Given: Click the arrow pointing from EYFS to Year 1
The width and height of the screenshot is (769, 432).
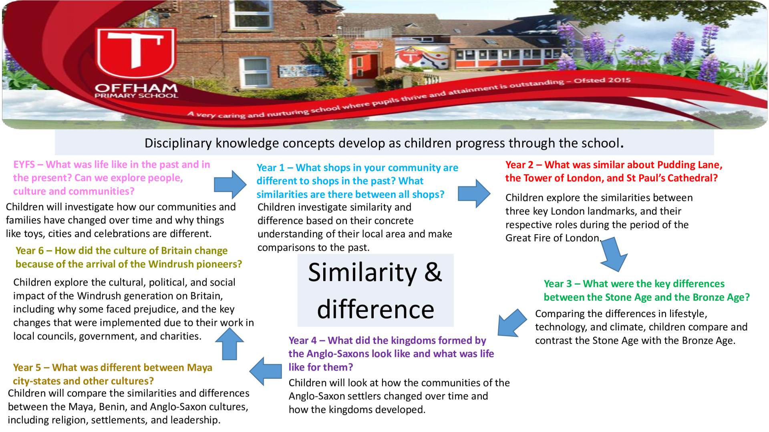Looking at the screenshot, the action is coord(230,185).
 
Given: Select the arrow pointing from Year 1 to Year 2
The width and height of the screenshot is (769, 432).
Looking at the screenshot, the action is coord(474,193).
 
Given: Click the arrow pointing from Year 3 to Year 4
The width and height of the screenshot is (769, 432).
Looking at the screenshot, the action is coord(512,323).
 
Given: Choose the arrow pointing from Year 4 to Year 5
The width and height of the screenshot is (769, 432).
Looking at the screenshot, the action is coord(266,371).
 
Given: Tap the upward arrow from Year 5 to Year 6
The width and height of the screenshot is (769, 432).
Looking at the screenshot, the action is coord(229,344).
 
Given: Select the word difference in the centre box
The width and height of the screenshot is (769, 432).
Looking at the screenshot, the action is coord(376,309).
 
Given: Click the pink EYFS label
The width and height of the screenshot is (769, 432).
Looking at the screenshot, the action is coord(24,165).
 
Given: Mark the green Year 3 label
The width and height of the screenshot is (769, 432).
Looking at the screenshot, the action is coord(558,284).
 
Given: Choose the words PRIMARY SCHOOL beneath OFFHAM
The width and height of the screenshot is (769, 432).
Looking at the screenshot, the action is coord(136,96).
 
